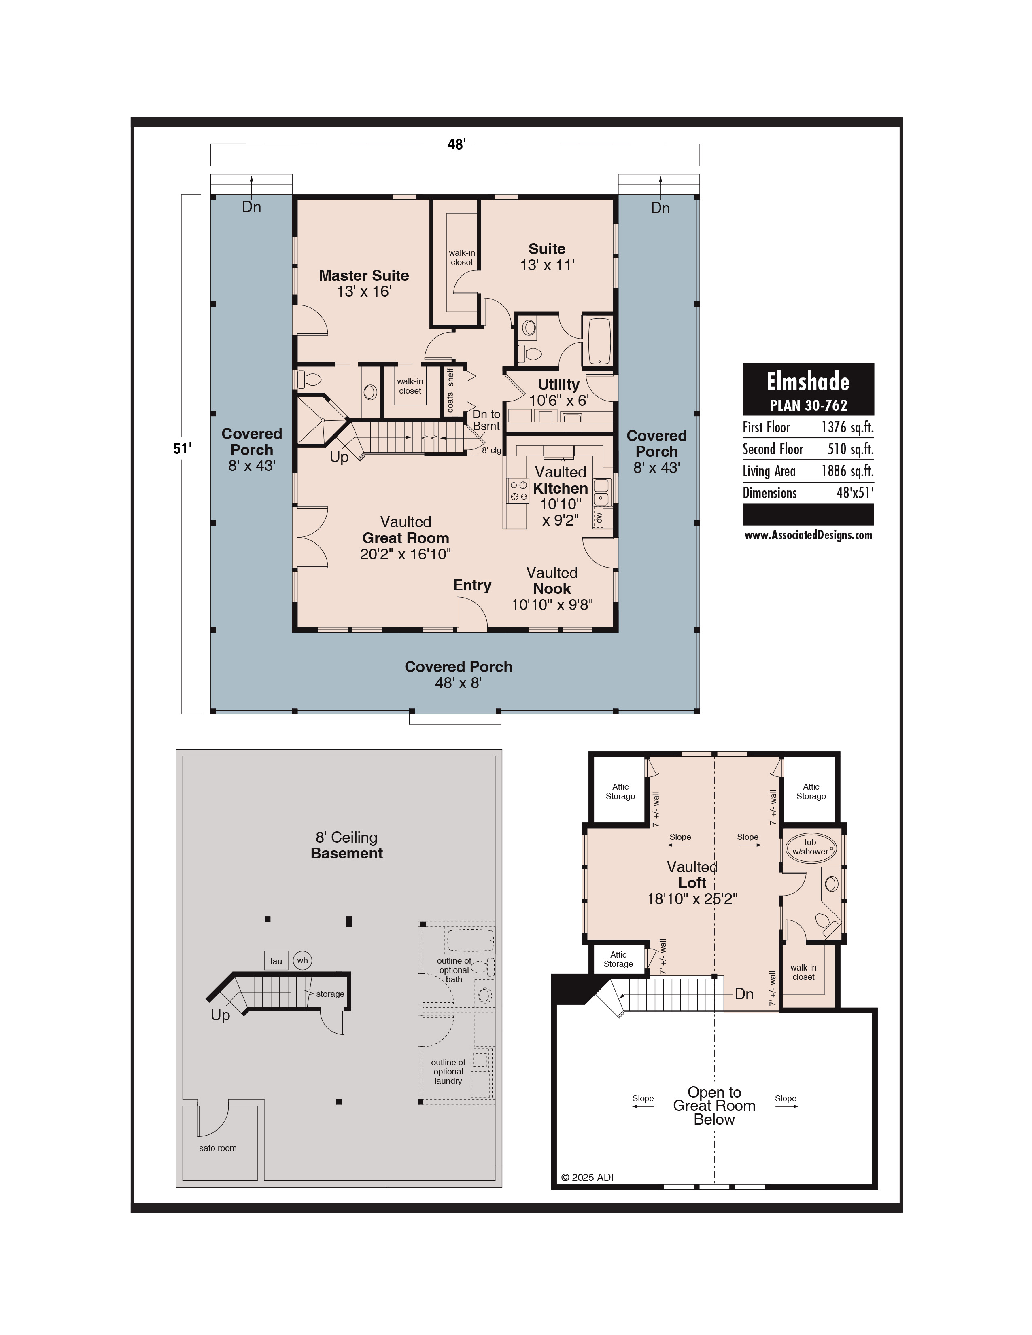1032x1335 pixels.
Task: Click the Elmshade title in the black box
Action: (808, 382)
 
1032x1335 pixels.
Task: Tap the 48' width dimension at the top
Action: (456, 144)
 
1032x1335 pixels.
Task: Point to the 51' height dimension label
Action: (182, 449)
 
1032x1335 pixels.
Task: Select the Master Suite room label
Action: (364, 275)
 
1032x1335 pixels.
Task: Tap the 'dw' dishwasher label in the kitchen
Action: (599, 517)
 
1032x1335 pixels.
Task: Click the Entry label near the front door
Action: (472, 586)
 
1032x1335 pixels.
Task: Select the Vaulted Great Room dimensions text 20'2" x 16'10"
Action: (406, 554)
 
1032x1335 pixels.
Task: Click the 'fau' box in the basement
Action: (276, 961)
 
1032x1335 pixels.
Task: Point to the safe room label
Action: (218, 1148)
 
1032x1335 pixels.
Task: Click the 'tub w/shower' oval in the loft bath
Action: (810, 847)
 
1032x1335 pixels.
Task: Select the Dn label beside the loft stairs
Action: (744, 994)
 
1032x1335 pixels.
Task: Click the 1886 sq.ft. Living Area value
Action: (847, 471)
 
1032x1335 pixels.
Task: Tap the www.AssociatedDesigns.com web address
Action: (808, 536)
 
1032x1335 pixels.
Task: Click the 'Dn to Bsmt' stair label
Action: (486, 420)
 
